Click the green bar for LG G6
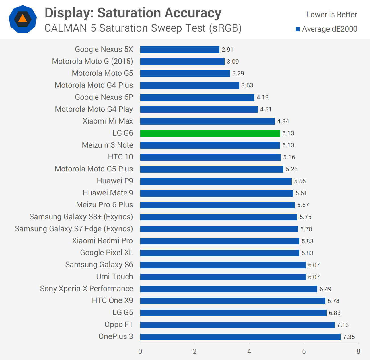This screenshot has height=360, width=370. (x=210, y=133)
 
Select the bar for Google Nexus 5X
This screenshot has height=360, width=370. (x=180, y=50)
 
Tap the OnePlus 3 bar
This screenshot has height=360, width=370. (x=240, y=337)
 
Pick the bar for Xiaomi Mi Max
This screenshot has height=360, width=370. (x=207, y=121)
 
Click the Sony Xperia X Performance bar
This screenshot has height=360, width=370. (x=229, y=289)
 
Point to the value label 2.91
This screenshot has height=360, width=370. (x=227, y=50)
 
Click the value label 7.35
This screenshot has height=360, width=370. (x=349, y=337)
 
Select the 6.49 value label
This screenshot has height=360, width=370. (x=325, y=289)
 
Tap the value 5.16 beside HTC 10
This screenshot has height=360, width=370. (x=289, y=157)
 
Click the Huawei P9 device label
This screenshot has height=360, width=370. (x=115, y=181)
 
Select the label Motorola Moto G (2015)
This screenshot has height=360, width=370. (x=92, y=61)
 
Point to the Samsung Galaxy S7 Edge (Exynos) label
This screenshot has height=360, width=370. (x=74, y=229)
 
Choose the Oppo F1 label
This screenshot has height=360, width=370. (x=119, y=324)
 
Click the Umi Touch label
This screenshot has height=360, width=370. (x=115, y=277)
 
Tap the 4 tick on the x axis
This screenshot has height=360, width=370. (x=249, y=351)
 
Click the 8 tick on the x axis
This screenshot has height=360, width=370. (x=358, y=351)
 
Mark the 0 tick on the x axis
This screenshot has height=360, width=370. (x=140, y=351)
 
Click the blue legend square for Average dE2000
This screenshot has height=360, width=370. (x=298, y=29)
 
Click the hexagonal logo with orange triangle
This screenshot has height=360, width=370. (x=23, y=19)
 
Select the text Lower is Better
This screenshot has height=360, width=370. (x=332, y=15)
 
